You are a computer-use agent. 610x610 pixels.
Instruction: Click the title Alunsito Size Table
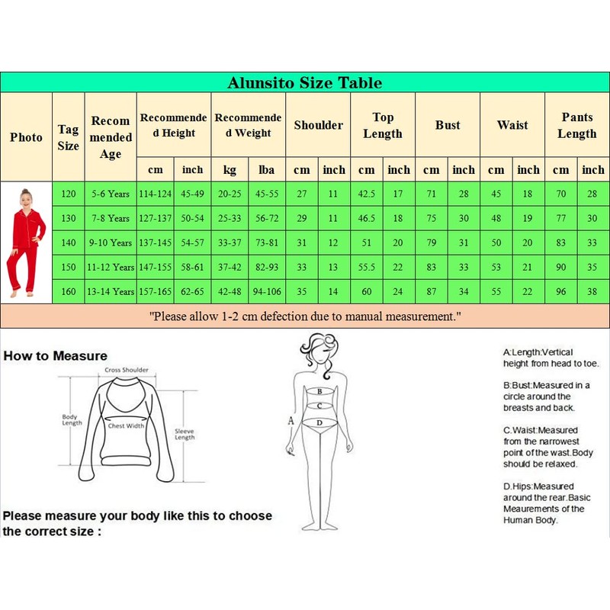pos(304,82)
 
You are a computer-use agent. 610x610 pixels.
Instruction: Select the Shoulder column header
pos(318,125)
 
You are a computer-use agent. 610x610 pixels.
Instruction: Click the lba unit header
pos(267,169)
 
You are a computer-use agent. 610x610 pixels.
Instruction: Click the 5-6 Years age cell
pos(110,194)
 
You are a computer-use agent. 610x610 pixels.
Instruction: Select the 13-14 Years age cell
pos(110,291)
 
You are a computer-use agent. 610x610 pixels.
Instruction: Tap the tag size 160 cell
pos(69,291)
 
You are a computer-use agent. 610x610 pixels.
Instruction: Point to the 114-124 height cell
pos(156,194)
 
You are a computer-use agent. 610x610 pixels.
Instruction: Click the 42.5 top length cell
pos(367,194)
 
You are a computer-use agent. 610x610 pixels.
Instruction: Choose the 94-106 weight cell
pos(267,291)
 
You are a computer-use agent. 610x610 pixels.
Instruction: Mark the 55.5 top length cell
pos(367,267)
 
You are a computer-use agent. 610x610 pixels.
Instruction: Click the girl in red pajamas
pos(26,242)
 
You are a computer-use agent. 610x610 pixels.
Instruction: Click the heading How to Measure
pos(55,355)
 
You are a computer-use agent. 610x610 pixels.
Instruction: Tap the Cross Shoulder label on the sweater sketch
pos(127,371)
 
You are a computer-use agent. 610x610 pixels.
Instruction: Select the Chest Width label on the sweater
pos(127,425)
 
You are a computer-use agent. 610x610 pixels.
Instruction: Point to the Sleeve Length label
pos(185,433)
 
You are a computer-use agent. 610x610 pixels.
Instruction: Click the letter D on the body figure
pos(320,422)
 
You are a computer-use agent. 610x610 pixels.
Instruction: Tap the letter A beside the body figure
pos(290,419)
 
